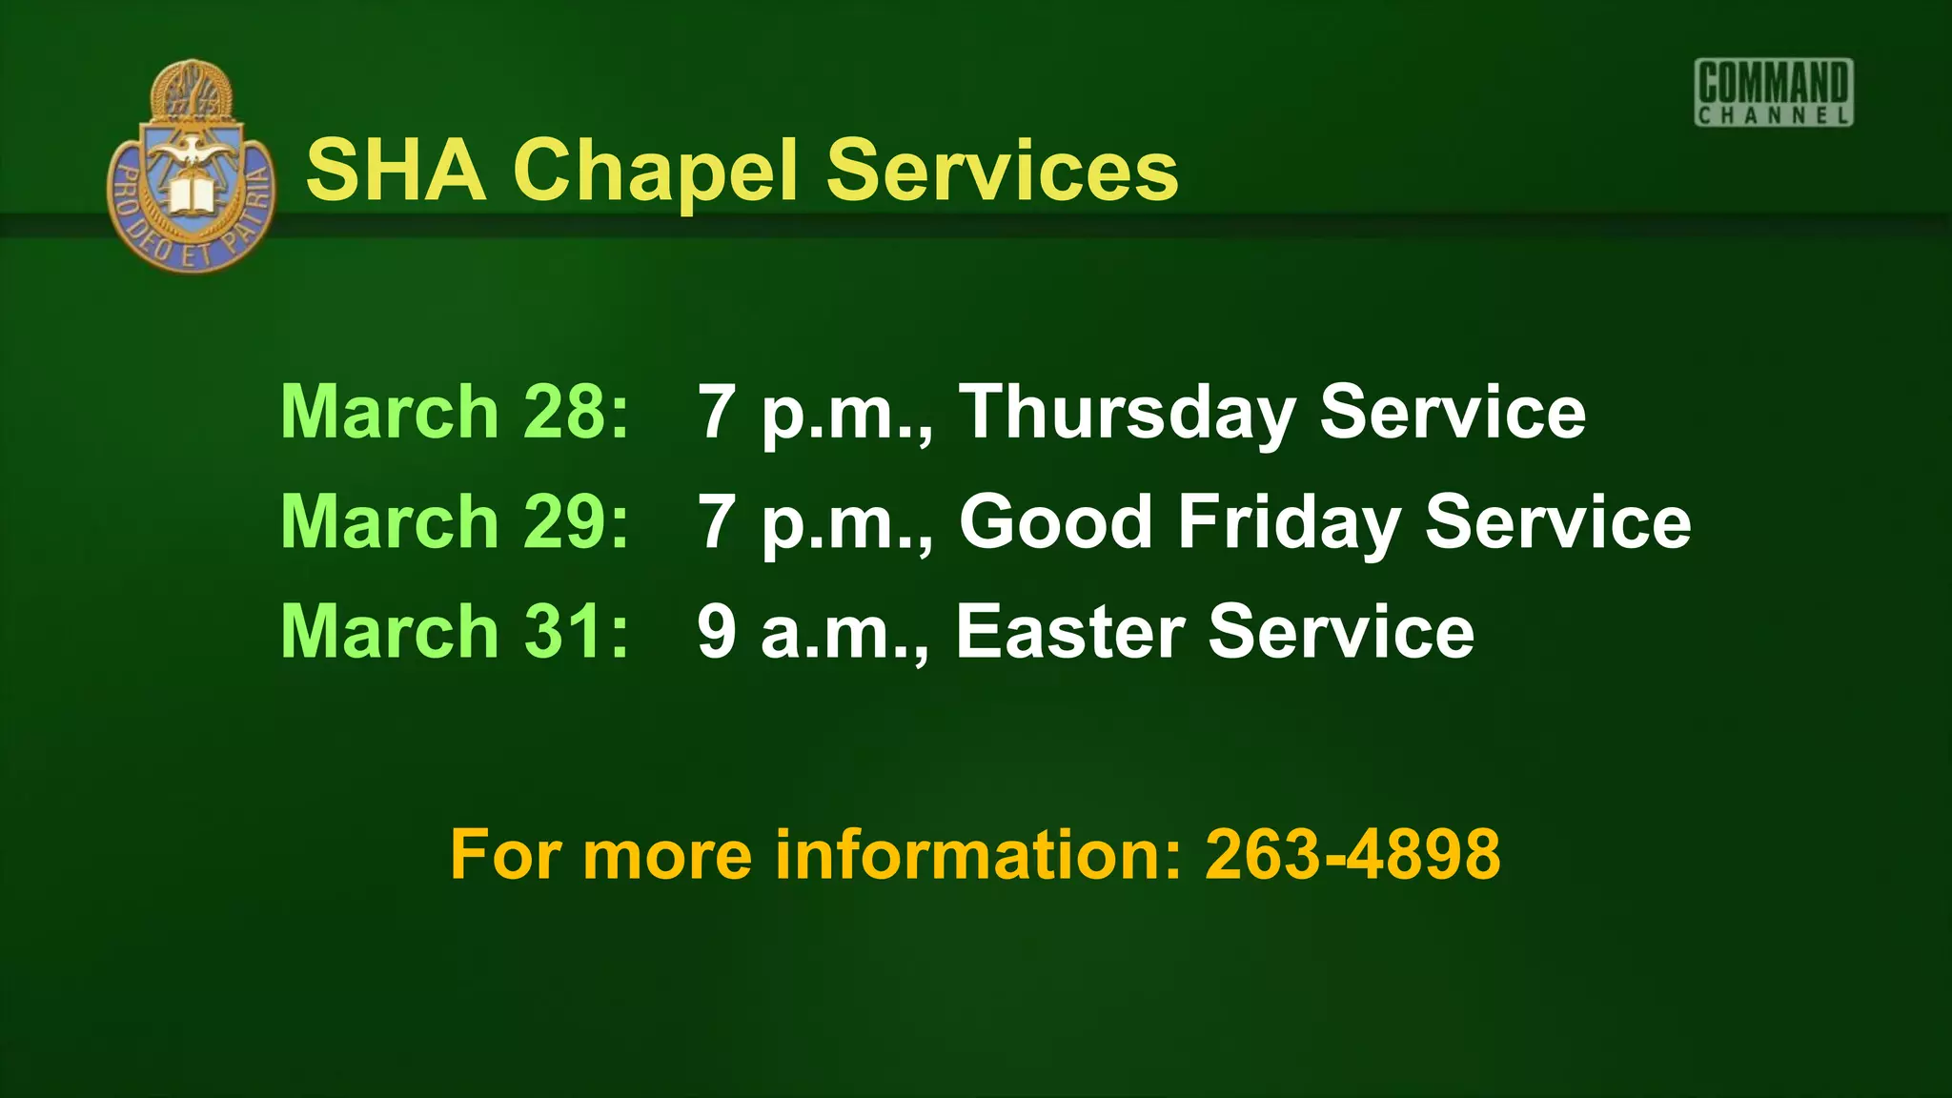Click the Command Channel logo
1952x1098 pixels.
pyautogui.click(x=1774, y=92)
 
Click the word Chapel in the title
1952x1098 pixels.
pyautogui.click(x=655, y=172)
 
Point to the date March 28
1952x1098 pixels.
pyautogui.click(x=455, y=412)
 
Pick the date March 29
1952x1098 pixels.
pyautogui.click(x=455, y=521)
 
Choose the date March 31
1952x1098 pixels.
pyautogui.click(x=455, y=631)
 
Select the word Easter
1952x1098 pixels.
pyautogui.click(x=1070, y=631)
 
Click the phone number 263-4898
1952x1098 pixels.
pyautogui.click(x=1352, y=854)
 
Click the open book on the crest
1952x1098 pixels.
pyautogui.click(x=193, y=195)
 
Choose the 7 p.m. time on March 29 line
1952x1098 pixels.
pyautogui.click(x=815, y=523)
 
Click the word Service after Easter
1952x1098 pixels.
pyautogui.click(x=1341, y=631)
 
